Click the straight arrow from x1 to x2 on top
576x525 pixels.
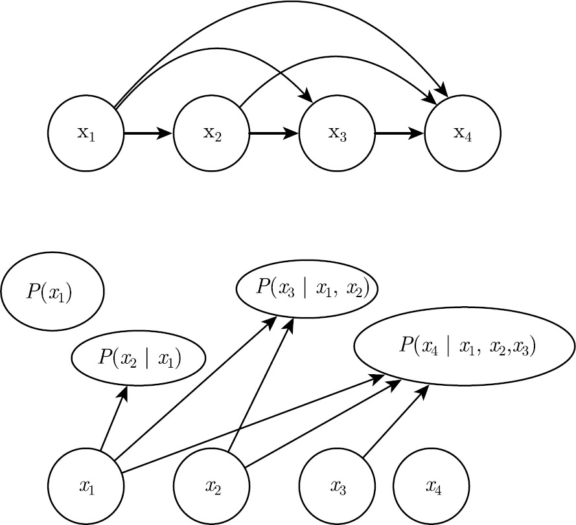pos(148,133)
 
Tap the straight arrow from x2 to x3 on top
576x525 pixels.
pos(274,133)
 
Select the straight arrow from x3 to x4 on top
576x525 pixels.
pos(400,133)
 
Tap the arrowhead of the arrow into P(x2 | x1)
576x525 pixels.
pos(123,393)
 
